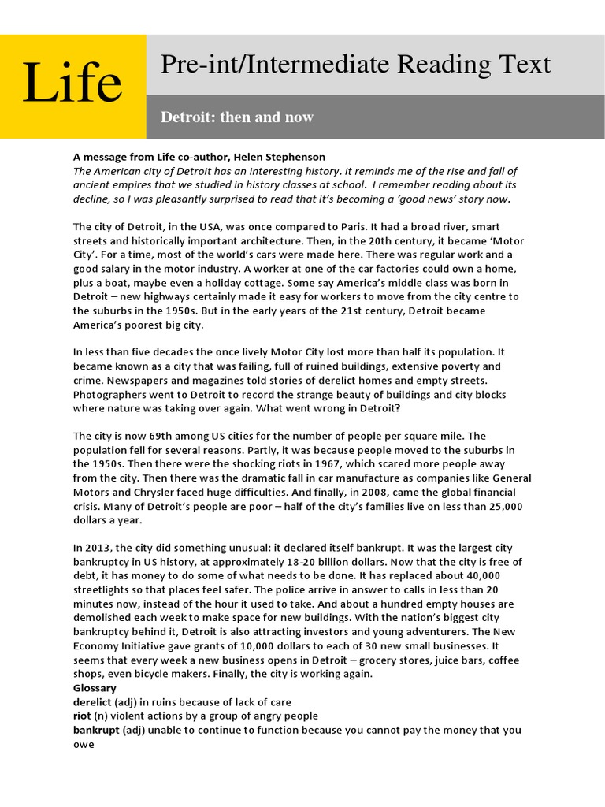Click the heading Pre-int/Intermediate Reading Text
355,65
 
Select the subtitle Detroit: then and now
237,117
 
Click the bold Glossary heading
95,688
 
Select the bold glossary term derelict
92,702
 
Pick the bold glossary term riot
82,716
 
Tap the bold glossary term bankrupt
97,731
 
